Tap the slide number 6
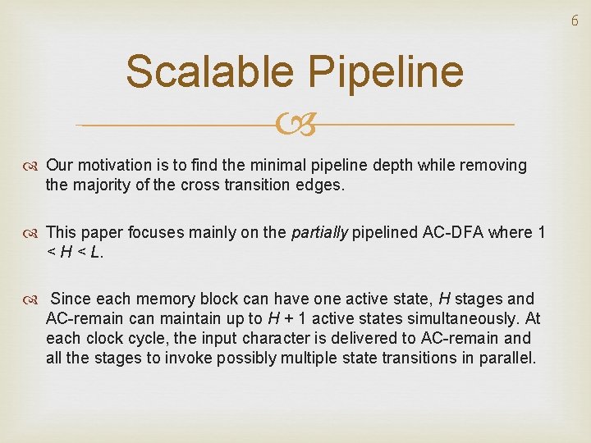pos(575,21)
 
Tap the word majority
pos(103,185)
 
